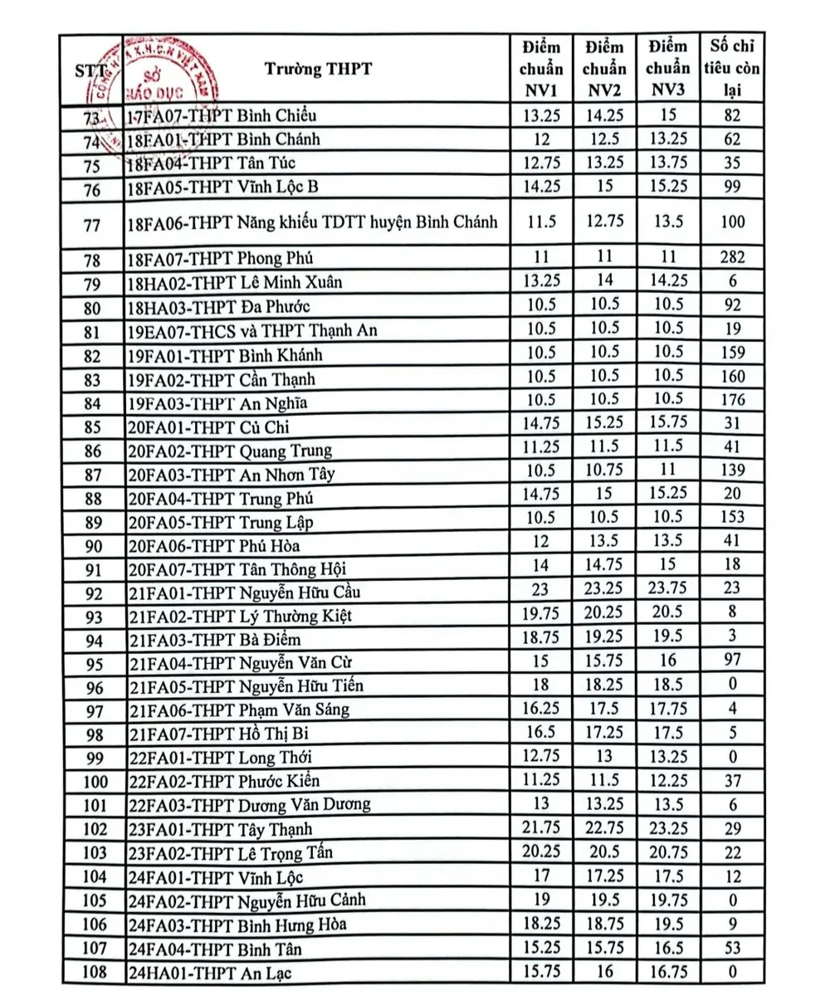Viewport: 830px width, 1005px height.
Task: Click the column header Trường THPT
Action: pyautogui.click(x=319, y=69)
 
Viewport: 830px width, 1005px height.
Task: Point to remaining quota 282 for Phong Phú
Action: pyautogui.click(x=732, y=257)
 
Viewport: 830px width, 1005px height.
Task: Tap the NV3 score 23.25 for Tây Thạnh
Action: pyautogui.click(x=667, y=828)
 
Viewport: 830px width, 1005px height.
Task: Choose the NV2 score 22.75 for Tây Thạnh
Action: pyautogui.click(x=604, y=828)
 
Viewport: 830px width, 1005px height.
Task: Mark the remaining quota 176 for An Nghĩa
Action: pyautogui.click(x=732, y=400)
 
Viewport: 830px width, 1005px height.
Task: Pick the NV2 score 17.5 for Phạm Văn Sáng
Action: pyautogui.click(x=604, y=709)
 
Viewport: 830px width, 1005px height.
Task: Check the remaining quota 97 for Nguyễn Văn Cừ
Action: pyautogui.click(x=732, y=661)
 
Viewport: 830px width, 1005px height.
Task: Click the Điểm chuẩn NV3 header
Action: pyautogui.click(x=667, y=69)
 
